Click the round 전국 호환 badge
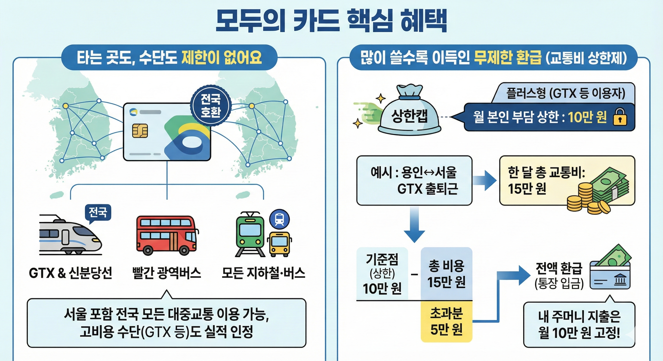210,106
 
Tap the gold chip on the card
140,130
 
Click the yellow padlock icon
620,117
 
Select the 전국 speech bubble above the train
98,213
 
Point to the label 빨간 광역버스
166,273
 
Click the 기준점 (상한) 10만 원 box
382,274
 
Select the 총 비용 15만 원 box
446,274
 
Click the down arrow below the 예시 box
414,226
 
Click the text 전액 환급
558,268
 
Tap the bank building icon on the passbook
620,279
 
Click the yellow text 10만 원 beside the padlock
587,117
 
